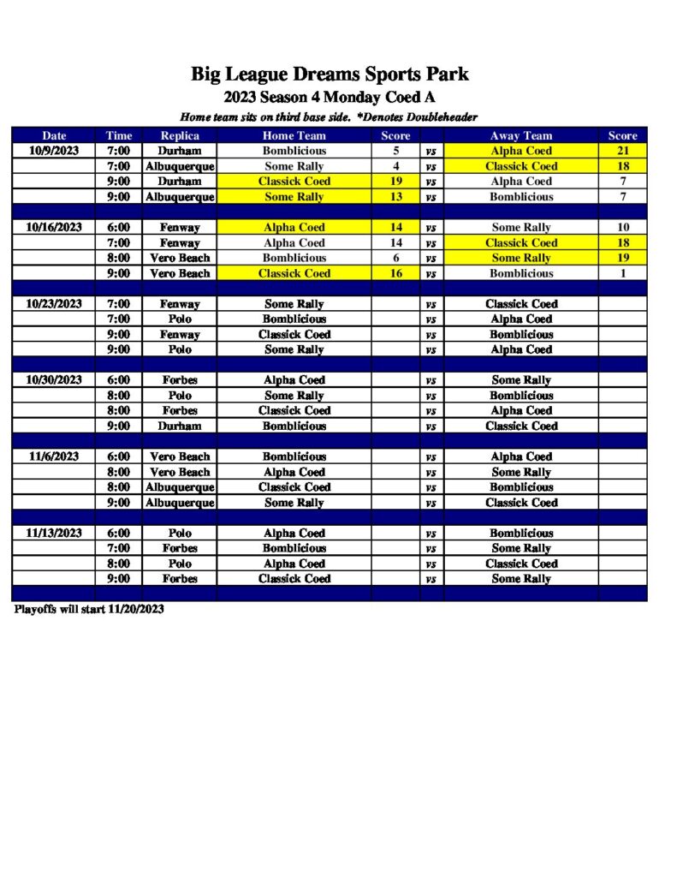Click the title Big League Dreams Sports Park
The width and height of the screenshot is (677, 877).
330,75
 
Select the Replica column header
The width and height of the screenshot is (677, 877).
180,135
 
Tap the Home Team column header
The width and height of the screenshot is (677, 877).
294,135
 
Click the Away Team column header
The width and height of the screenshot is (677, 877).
521,135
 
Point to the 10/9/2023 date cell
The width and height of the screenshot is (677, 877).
54,151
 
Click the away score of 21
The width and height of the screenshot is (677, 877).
622,151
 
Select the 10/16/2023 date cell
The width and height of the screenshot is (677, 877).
54,228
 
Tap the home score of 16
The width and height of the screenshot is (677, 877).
395,273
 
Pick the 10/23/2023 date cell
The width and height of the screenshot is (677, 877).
54,304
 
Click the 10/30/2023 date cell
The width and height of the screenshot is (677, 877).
54,380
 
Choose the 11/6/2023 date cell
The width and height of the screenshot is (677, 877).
54,456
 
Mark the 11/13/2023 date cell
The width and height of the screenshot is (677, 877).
54,533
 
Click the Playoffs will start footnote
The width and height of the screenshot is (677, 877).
89,610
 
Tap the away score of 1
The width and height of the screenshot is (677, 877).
622,273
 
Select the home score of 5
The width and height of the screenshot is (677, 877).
395,151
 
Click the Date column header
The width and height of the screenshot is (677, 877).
54,135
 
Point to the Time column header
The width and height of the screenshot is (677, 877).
119,135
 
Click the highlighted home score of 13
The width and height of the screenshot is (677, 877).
395,197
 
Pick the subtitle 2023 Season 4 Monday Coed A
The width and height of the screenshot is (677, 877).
330,98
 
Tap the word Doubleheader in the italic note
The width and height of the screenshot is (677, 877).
442,117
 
